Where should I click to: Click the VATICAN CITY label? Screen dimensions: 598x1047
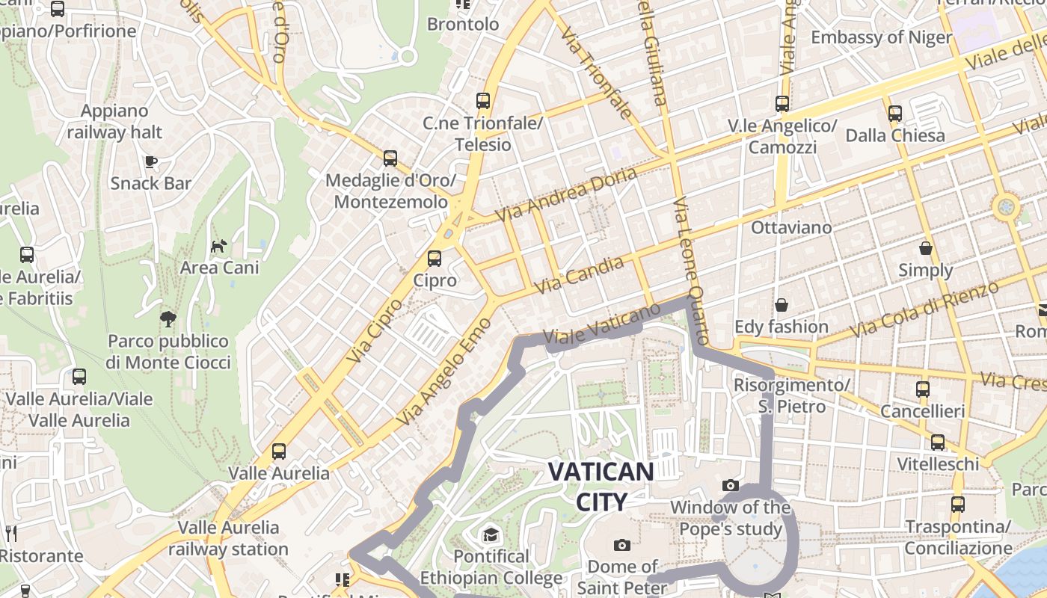pyautogui.click(x=601, y=486)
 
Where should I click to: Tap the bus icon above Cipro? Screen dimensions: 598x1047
pyautogui.click(x=434, y=259)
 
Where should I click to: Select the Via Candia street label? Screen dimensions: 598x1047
pyautogui.click(x=580, y=275)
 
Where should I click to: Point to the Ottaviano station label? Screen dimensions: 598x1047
pyautogui.click(x=791, y=227)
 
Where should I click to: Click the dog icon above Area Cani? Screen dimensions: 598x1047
pyautogui.click(x=218, y=245)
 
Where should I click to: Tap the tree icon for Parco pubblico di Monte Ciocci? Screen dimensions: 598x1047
pyautogui.click(x=168, y=319)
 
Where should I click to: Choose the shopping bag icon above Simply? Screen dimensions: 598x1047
pyautogui.click(x=926, y=248)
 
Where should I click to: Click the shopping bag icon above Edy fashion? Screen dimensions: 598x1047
pyautogui.click(x=782, y=305)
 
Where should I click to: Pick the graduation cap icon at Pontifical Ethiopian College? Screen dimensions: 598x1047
pyautogui.click(x=491, y=534)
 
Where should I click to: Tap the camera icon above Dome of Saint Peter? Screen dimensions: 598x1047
pyautogui.click(x=621, y=545)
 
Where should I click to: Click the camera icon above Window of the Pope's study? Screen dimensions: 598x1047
pyautogui.click(x=731, y=486)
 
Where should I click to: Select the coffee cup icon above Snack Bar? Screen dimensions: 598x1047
pyautogui.click(x=151, y=161)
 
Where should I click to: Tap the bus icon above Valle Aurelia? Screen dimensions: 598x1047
pyautogui.click(x=279, y=451)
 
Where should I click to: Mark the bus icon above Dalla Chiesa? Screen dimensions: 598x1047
pyautogui.click(x=895, y=114)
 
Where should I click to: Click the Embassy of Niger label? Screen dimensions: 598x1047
pyautogui.click(x=881, y=37)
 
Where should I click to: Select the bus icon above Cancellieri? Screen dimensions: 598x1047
pyautogui.click(x=923, y=389)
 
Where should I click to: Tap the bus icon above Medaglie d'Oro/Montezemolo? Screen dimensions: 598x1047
pyautogui.click(x=390, y=158)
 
